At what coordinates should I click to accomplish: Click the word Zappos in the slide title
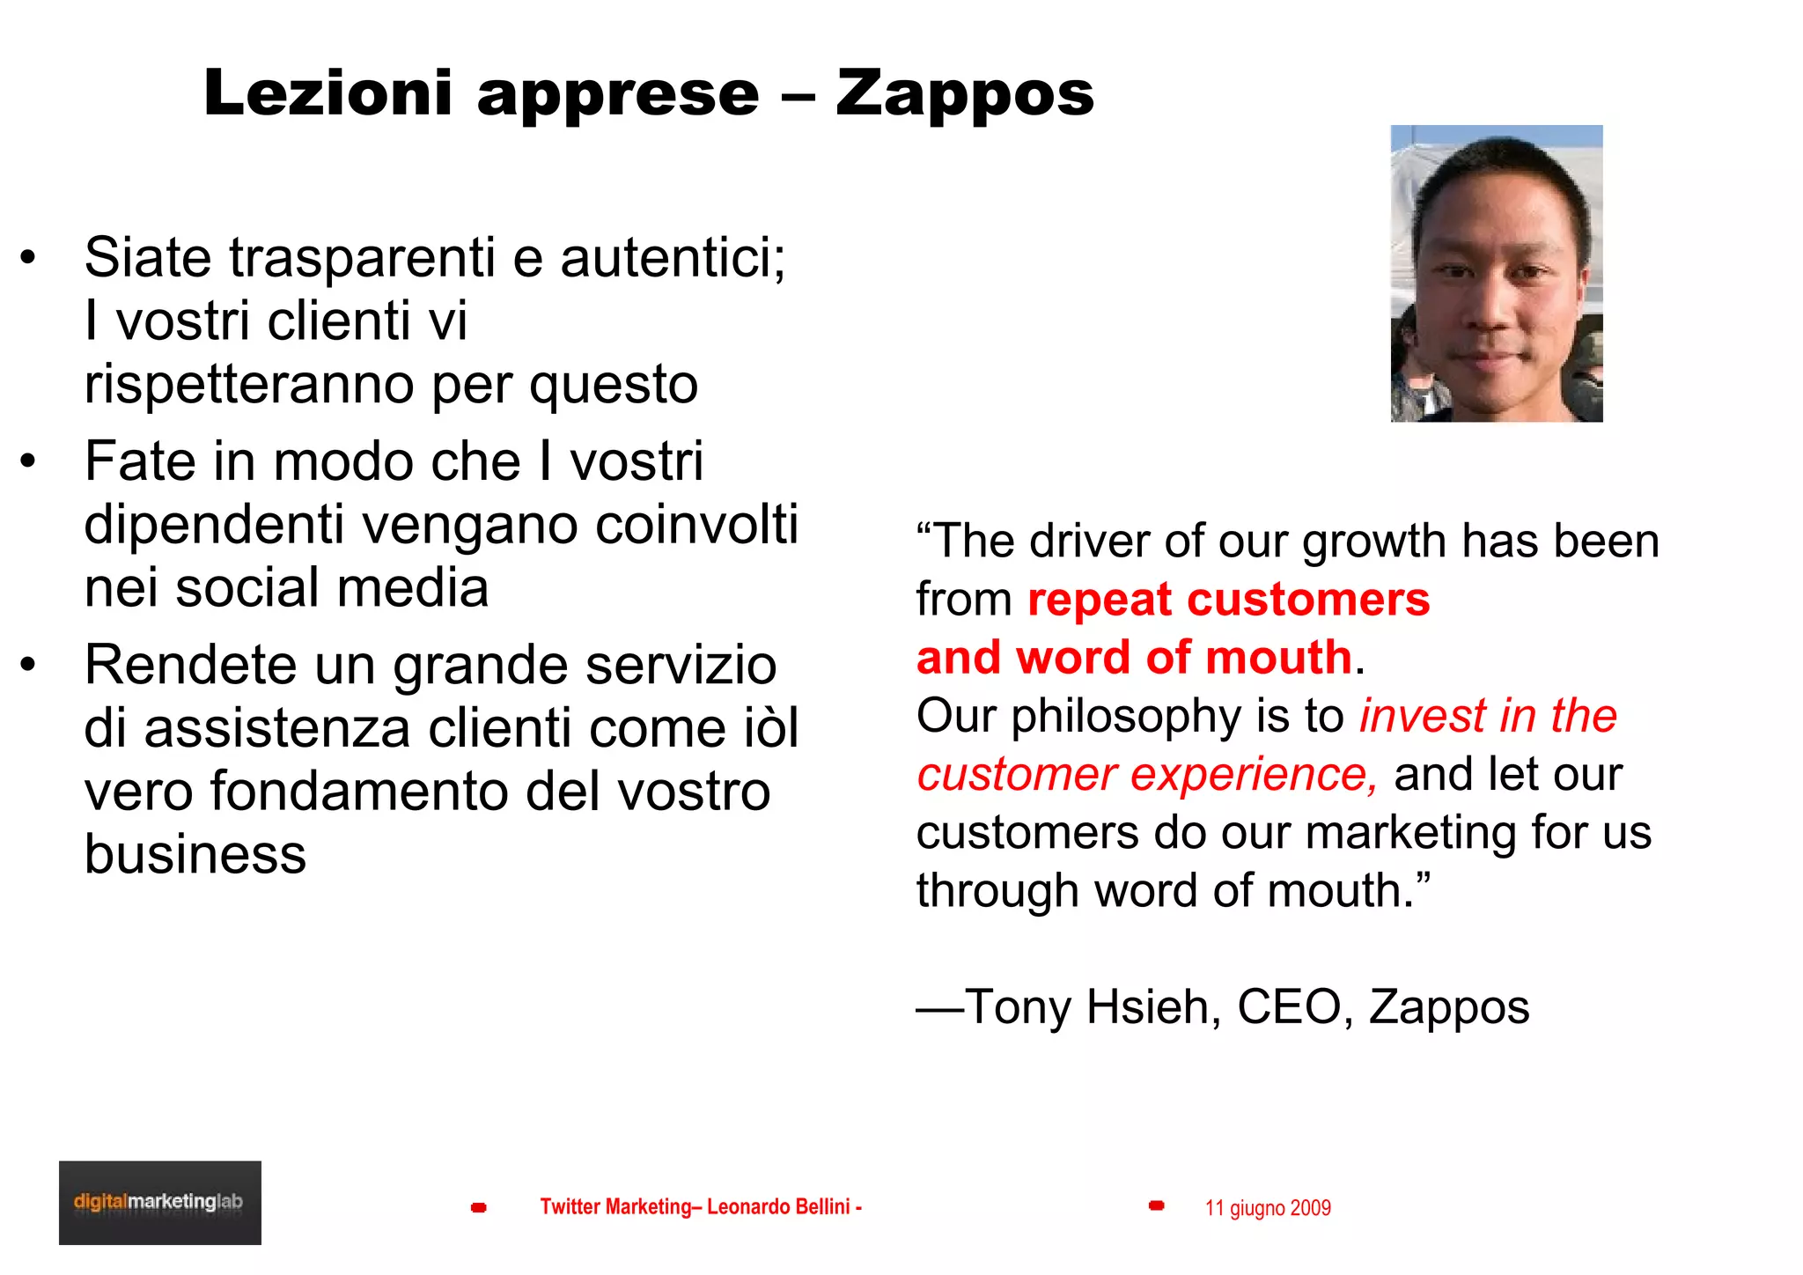[x=965, y=93]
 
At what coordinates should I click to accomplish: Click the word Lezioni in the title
[x=328, y=93]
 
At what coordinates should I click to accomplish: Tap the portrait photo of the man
[x=1496, y=274]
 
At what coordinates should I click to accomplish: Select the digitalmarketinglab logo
[x=159, y=1202]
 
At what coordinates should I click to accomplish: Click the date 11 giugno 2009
[x=1268, y=1208]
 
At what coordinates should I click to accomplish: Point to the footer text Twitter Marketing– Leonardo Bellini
[x=700, y=1206]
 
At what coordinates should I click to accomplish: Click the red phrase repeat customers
[x=1228, y=600]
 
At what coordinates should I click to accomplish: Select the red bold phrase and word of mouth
[x=1134, y=658]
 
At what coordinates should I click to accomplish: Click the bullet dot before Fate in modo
[x=29, y=461]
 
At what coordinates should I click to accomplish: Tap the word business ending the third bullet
[x=195, y=854]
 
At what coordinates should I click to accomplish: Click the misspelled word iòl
[x=768, y=728]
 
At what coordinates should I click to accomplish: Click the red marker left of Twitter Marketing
[x=479, y=1207]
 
